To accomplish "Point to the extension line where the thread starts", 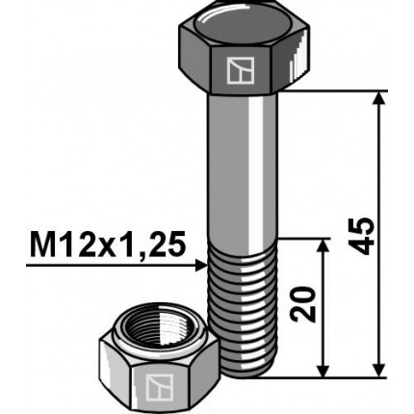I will [x=303, y=240].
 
